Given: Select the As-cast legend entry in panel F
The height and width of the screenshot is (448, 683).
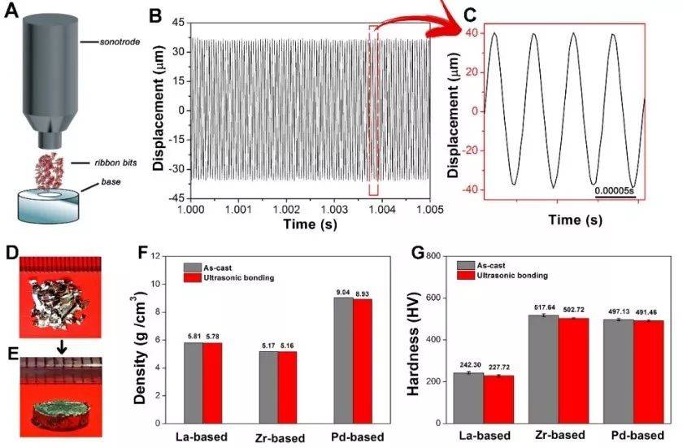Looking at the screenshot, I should [210, 265].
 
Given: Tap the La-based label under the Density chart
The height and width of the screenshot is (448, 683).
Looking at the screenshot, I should [202, 436].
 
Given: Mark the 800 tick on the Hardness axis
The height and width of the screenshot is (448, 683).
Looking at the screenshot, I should [435, 256].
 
